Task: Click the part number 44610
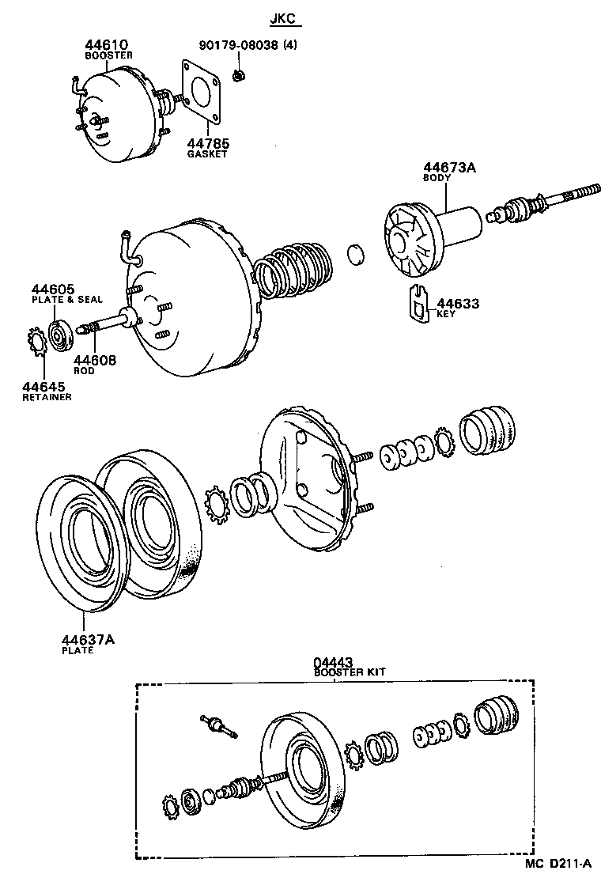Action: [107, 44]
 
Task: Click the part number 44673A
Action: [449, 167]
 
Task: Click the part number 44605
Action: [52, 289]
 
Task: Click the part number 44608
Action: [95, 360]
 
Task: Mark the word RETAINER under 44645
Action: [47, 397]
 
